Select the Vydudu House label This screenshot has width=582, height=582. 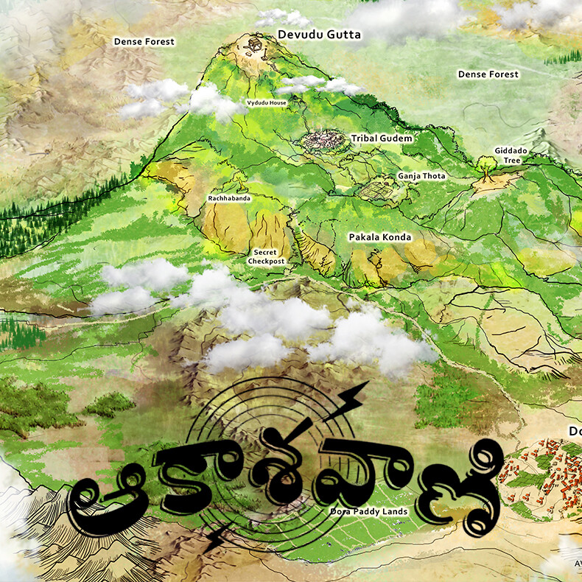pyautogui.click(x=266, y=102)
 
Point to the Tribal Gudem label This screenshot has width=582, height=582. pyautogui.click(x=381, y=138)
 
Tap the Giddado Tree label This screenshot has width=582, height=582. pyautogui.click(x=507, y=155)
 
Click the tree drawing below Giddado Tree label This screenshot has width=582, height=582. pyautogui.click(x=485, y=166)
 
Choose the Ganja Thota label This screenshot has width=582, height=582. pyautogui.click(x=421, y=176)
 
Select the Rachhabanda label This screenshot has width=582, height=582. pyautogui.click(x=228, y=198)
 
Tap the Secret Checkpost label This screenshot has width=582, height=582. pyautogui.click(x=266, y=256)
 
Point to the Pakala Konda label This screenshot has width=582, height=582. pyautogui.click(x=379, y=237)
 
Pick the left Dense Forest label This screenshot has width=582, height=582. pyautogui.click(x=144, y=42)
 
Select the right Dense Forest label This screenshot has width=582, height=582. pyautogui.click(x=488, y=74)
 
